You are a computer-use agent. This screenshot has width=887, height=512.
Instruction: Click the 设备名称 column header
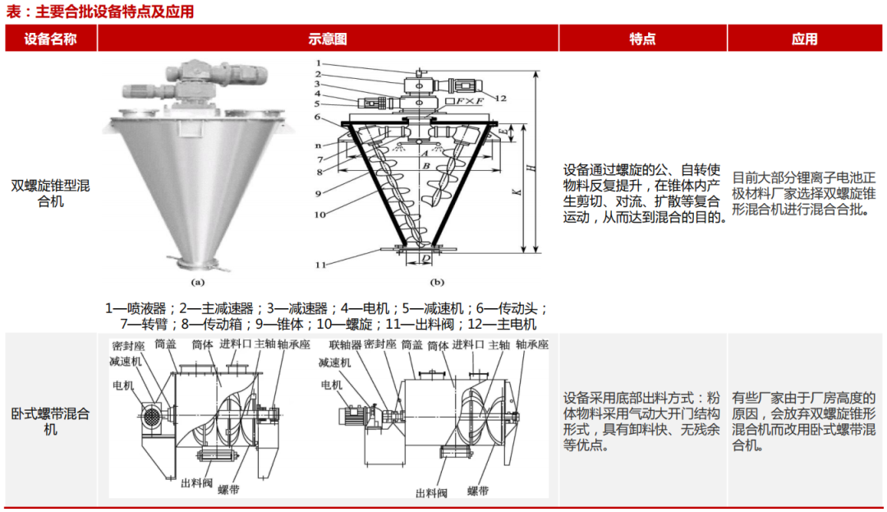click(51, 39)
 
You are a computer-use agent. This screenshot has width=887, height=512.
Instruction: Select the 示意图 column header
click(328, 39)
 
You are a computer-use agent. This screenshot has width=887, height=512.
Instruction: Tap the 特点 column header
click(642, 39)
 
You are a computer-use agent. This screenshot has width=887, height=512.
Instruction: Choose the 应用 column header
click(805, 39)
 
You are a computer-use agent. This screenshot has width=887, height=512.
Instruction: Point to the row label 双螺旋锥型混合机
click(51, 193)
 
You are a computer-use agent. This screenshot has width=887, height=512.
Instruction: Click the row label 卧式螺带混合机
click(51, 421)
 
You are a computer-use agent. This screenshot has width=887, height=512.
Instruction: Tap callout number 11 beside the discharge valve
click(322, 265)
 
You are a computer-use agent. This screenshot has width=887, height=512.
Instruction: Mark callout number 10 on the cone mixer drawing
click(320, 214)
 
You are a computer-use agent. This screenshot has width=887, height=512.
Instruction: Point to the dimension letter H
click(531, 167)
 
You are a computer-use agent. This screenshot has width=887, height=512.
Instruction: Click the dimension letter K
click(514, 192)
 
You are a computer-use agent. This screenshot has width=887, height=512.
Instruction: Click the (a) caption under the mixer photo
click(197, 280)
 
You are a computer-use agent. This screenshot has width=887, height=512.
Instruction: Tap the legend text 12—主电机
click(501, 324)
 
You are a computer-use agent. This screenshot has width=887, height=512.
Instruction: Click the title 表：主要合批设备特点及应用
click(99, 12)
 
